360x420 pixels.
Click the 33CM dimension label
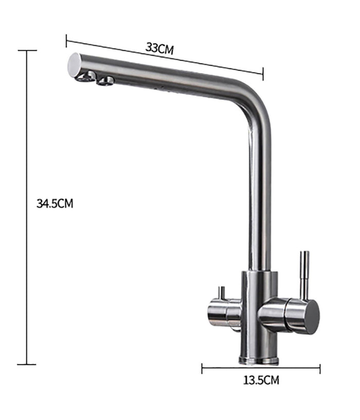coord(159,49)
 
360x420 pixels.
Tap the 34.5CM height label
coord(55,203)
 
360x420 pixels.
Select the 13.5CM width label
coord(261,380)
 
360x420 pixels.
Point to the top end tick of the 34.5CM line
coord(27,51)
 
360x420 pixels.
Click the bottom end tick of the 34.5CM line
coord(27,364)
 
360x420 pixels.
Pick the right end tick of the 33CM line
coord(263,73)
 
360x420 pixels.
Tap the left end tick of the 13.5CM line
coord(202,368)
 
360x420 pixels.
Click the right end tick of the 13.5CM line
coord(320,368)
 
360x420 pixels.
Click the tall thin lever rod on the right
coord(304,272)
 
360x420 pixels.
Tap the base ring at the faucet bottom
coord(259,359)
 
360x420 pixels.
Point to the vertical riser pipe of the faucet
coord(259,195)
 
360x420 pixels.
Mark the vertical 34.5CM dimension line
coord(27,206)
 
